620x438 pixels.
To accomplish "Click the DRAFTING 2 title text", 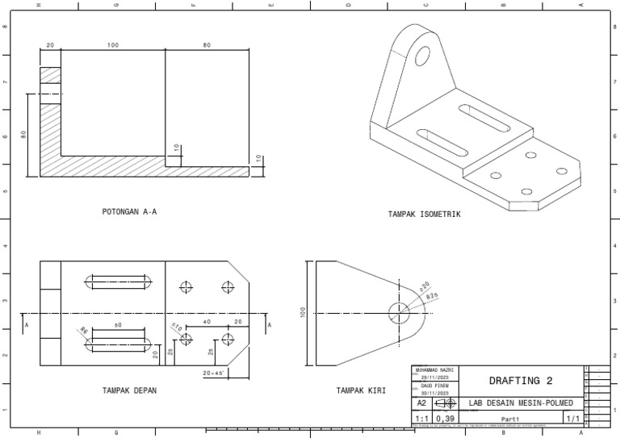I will [517, 381].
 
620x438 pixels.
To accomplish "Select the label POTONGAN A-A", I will [129, 212].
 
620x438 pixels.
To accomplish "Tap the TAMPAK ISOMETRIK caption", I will [424, 215].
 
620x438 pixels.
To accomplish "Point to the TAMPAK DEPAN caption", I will [129, 390].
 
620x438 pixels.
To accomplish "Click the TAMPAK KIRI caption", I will [361, 390].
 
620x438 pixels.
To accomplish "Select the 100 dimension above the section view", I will [112, 45].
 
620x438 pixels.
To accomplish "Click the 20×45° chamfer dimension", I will [213, 373].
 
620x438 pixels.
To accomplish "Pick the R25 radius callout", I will [431, 297].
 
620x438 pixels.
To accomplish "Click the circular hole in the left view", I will [399, 313].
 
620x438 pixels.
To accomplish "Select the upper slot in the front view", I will [119, 282].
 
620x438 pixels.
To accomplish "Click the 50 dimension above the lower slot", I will [118, 324].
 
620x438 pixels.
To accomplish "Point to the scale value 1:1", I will [421, 419].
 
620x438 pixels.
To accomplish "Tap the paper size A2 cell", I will [421, 403].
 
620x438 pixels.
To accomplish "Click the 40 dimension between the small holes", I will [207, 322].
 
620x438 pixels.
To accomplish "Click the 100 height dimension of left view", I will [304, 313].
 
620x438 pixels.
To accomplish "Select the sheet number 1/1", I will [571, 419].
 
